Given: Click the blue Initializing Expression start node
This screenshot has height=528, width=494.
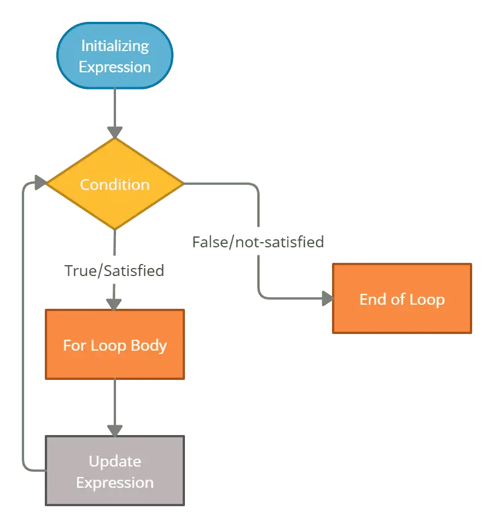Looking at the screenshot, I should [x=114, y=56].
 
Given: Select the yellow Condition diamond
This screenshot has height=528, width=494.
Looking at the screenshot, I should [x=114, y=184].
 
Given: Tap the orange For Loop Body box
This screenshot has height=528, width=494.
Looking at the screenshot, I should [x=114, y=344].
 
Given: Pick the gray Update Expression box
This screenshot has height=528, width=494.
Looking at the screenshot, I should [x=114, y=471].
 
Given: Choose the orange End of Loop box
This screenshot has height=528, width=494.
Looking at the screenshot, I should [x=402, y=298].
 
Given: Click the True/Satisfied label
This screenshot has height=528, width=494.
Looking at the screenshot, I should [x=114, y=270].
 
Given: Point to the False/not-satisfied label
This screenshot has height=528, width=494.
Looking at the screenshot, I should [x=258, y=242].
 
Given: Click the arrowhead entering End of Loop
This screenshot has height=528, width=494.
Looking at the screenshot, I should [x=327, y=298].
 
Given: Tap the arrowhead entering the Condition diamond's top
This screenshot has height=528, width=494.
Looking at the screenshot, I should [x=115, y=132].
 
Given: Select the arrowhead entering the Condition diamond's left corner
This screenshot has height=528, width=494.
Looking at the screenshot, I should [x=40, y=183].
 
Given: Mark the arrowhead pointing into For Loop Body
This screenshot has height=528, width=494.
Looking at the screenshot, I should [x=114, y=304].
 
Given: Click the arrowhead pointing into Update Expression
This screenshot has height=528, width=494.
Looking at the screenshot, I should [x=115, y=430].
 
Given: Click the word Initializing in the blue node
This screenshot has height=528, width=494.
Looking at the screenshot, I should [x=114, y=45].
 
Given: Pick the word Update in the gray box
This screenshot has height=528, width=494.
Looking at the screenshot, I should [x=114, y=461].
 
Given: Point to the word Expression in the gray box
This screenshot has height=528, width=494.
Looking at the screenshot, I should [x=114, y=482].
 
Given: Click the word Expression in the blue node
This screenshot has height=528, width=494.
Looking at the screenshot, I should [x=114, y=67].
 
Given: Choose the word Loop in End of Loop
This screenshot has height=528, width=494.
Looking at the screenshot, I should [x=427, y=299].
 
